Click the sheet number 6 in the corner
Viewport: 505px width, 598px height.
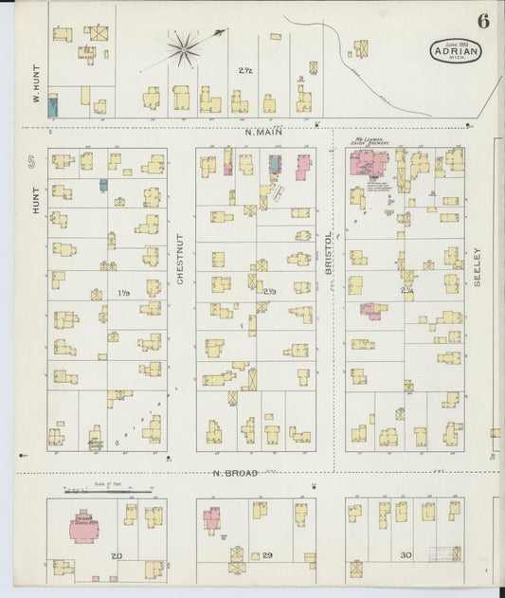coord(483,22)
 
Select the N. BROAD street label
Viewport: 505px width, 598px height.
coord(237,472)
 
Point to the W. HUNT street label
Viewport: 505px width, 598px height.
coord(35,83)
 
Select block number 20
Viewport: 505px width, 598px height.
coord(117,554)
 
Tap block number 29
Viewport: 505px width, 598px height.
coord(268,554)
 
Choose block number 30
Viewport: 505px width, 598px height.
coord(406,554)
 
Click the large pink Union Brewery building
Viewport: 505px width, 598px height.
coord(364,163)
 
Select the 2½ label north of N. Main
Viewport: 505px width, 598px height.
coord(245,71)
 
